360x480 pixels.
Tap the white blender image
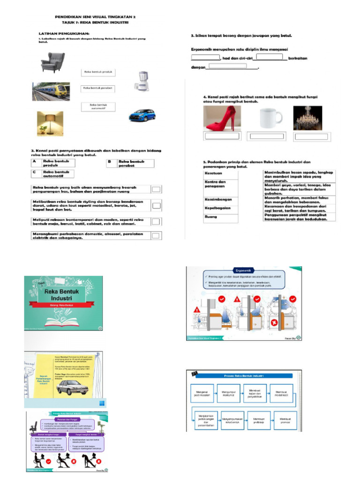click(x=141, y=81)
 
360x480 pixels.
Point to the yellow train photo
click(x=51, y=91)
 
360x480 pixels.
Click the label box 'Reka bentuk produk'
click(x=98, y=72)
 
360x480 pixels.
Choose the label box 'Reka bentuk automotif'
click(x=98, y=106)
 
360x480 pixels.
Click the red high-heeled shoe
click(x=221, y=118)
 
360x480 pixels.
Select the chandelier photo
click(x=308, y=118)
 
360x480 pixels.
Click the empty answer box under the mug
click(x=266, y=136)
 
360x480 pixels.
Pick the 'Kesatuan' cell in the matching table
click(x=220, y=173)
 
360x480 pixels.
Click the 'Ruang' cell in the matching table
click(x=220, y=217)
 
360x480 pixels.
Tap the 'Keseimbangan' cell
click(x=220, y=200)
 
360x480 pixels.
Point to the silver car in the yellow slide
click(x=72, y=387)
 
